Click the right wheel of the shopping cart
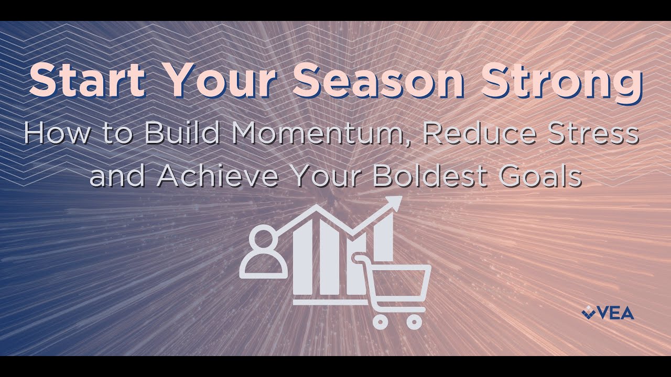point(414,320)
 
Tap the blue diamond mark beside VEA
point(589,313)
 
